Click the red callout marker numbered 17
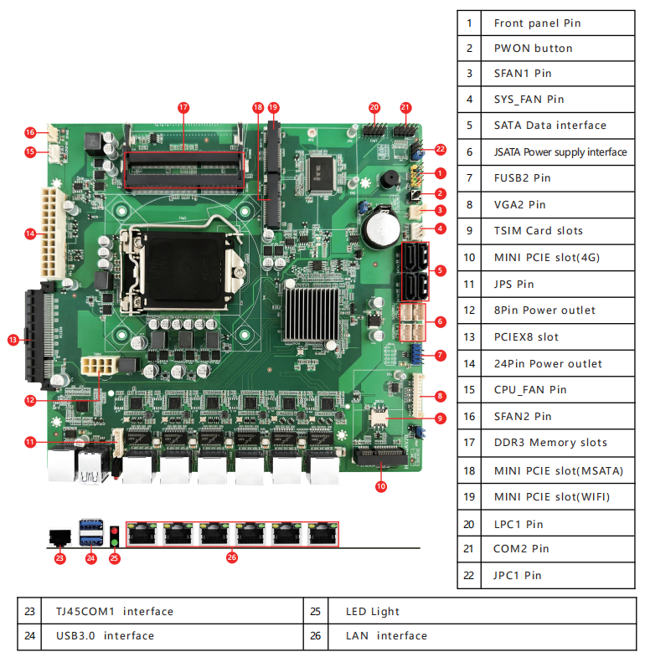tap(183, 107)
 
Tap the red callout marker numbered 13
tap(13, 340)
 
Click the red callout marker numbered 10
tap(380, 485)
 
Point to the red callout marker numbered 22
tap(441, 150)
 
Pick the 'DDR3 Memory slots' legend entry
tap(550, 442)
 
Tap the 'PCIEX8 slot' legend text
tap(537, 336)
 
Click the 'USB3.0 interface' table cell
tap(106, 635)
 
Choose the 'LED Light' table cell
tap(373, 611)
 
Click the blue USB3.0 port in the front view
tap(90, 533)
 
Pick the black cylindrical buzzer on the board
tap(390, 181)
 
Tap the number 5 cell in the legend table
tap(470, 126)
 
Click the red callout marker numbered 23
tap(59, 558)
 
